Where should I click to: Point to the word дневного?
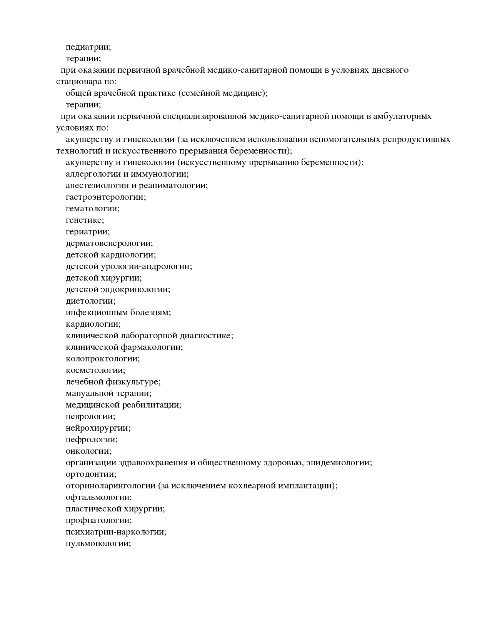pyautogui.click(x=391, y=70)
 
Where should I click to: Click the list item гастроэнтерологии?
pyautogui.click(x=106, y=197)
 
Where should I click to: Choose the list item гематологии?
pyautogui.click(x=92, y=209)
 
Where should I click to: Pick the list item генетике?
pyautogui.click(x=85, y=220)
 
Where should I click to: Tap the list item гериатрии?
pyautogui.click(x=88, y=232)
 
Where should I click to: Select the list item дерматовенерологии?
pyautogui.click(x=109, y=243)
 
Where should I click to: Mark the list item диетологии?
pyautogui.click(x=90, y=301)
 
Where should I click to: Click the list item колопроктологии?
pyautogui.click(x=103, y=359)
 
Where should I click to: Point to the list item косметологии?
pyautogui.click(x=95, y=370)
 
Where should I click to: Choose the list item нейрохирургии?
pyautogui.click(x=98, y=428)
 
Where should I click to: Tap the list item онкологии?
pyautogui.click(x=88, y=451)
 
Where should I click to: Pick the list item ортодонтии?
pyautogui.click(x=91, y=474)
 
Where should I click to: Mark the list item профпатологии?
pyautogui.click(x=99, y=520)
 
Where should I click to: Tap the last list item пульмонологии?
pyautogui.click(x=98, y=543)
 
